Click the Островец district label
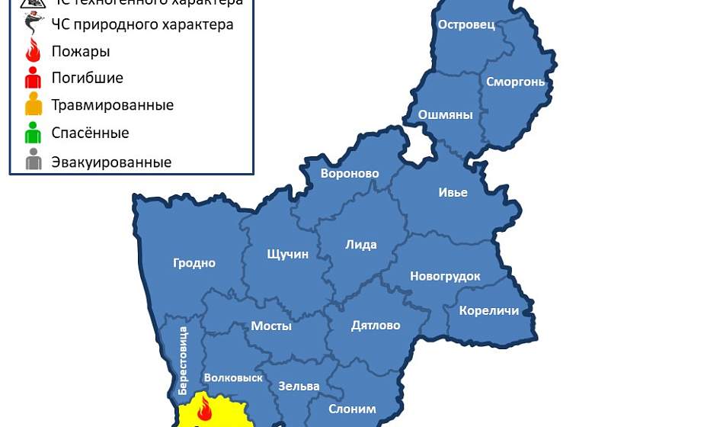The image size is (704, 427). pyautogui.click(x=466, y=24)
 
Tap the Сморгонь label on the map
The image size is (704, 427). pyautogui.click(x=515, y=82)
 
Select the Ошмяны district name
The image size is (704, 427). pyautogui.click(x=445, y=115)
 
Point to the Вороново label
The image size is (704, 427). pyautogui.click(x=350, y=174)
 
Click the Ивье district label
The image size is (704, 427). pyautogui.click(x=453, y=192)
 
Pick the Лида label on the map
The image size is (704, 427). pyautogui.click(x=361, y=245)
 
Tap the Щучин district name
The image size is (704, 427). pyautogui.click(x=288, y=254)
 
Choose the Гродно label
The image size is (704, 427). pyautogui.click(x=194, y=263)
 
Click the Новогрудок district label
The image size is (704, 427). pyautogui.click(x=445, y=276)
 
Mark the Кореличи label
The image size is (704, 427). pyautogui.click(x=489, y=310)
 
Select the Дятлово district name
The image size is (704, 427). pyautogui.click(x=376, y=326)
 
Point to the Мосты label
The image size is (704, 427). pyautogui.click(x=271, y=326)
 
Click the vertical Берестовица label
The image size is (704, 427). pyautogui.click(x=183, y=360)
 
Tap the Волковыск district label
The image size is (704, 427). pyautogui.click(x=233, y=377)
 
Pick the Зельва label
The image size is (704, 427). pyautogui.click(x=299, y=386)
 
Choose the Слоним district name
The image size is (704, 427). pyautogui.click(x=352, y=409)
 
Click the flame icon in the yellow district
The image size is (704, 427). pyautogui.click(x=204, y=409)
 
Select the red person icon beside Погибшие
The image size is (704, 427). pyautogui.click(x=33, y=77)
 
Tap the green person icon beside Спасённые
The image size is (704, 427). pyautogui.click(x=33, y=133)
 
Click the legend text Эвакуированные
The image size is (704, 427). pyautogui.click(x=111, y=162)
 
